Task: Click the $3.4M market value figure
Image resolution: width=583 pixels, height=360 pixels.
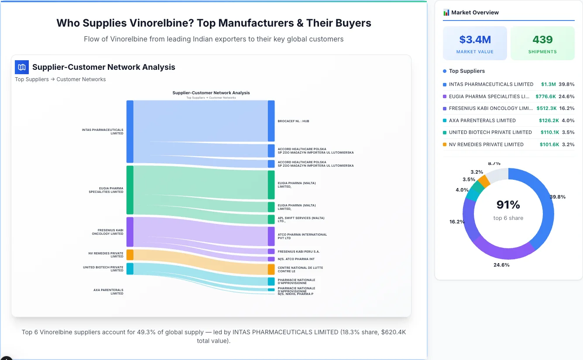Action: pyautogui.click(x=475, y=40)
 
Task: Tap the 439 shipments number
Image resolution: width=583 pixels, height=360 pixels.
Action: pyautogui.click(x=542, y=40)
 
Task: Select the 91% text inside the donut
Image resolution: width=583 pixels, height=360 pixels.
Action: pyautogui.click(x=508, y=205)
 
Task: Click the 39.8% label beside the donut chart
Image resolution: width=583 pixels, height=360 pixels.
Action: pyautogui.click(x=557, y=197)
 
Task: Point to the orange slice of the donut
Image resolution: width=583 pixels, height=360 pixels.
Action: pyautogui.click(x=484, y=181)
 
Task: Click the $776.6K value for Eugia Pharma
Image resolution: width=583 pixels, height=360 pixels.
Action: pyautogui.click(x=545, y=96)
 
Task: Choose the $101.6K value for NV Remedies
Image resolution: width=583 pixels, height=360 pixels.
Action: pyautogui.click(x=549, y=144)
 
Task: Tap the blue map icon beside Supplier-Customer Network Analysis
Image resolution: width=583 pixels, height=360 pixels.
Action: pyautogui.click(x=21, y=67)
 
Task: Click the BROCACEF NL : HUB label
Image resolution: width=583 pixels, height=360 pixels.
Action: pyautogui.click(x=293, y=121)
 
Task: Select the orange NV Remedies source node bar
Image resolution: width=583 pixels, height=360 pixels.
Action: pyautogui.click(x=130, y=255)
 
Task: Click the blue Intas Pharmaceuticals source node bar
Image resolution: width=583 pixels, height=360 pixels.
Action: pyautogui.click(x=130, y=131)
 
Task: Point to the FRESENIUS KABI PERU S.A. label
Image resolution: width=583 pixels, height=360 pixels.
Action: pyautogui.click(x=298, y=251)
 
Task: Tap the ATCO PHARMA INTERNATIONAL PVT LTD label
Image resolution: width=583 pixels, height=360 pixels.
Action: pyautogui.click(x=302, y=236)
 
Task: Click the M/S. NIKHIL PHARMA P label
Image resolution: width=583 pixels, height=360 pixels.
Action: pyautogui.click(x=295, y=294)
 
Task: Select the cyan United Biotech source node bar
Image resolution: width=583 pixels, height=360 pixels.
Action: pyautogui.click(x=130, y=268)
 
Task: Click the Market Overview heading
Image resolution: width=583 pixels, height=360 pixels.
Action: pyautogui.click(x=474, y=13)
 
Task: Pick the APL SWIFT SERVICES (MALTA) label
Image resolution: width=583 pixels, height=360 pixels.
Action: pyautogui.click(x=301, y=219)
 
